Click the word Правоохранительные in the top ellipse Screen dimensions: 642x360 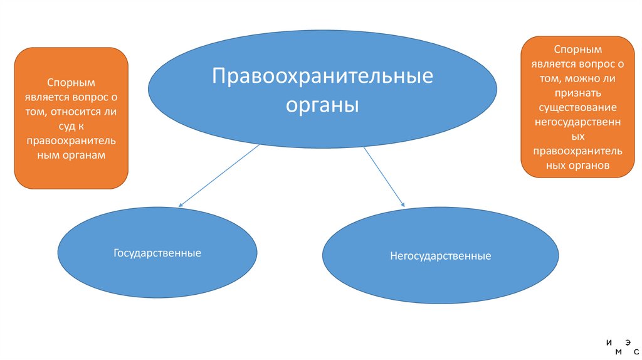(x=322, y=77)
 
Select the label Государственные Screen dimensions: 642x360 (x=157, y=253)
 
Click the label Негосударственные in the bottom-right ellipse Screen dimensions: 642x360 (x=440, y=256)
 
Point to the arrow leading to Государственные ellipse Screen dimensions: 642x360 (x=219, y=175)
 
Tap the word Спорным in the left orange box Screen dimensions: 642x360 (x=70, y=82)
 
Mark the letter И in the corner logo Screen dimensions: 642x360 (x=609, y=342)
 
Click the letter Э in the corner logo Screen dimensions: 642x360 (x=628, y=342)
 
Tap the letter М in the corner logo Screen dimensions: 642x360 (x=618, y=352)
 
